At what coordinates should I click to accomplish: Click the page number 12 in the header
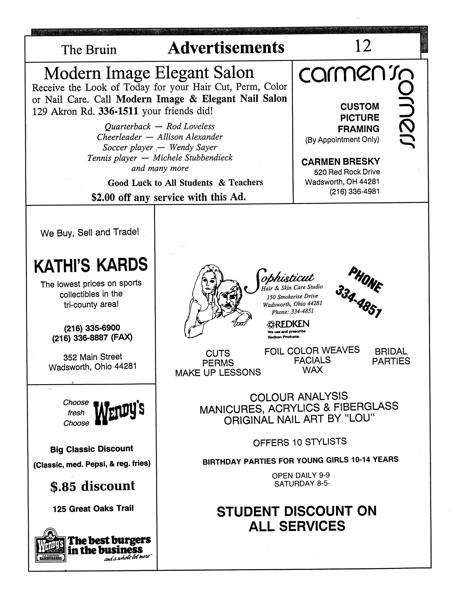tap(363, 46)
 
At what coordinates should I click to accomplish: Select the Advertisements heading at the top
tap(226, 48)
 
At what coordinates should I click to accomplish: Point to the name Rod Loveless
tap(190, 126)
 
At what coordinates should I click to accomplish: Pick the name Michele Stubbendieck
tap(193, 158)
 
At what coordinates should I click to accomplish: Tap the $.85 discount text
tap(93, 485)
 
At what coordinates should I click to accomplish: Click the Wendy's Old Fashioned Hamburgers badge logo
tap(51, 545)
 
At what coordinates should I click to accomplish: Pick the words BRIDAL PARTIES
tap(391, 356)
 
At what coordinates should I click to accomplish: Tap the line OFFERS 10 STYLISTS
tap(300, 442)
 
